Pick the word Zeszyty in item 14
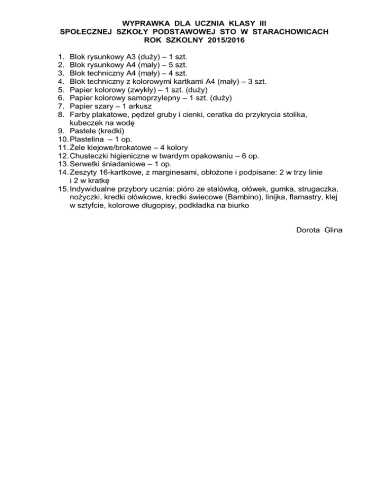[x=84, y=172]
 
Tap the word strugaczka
[x=314, y=189]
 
